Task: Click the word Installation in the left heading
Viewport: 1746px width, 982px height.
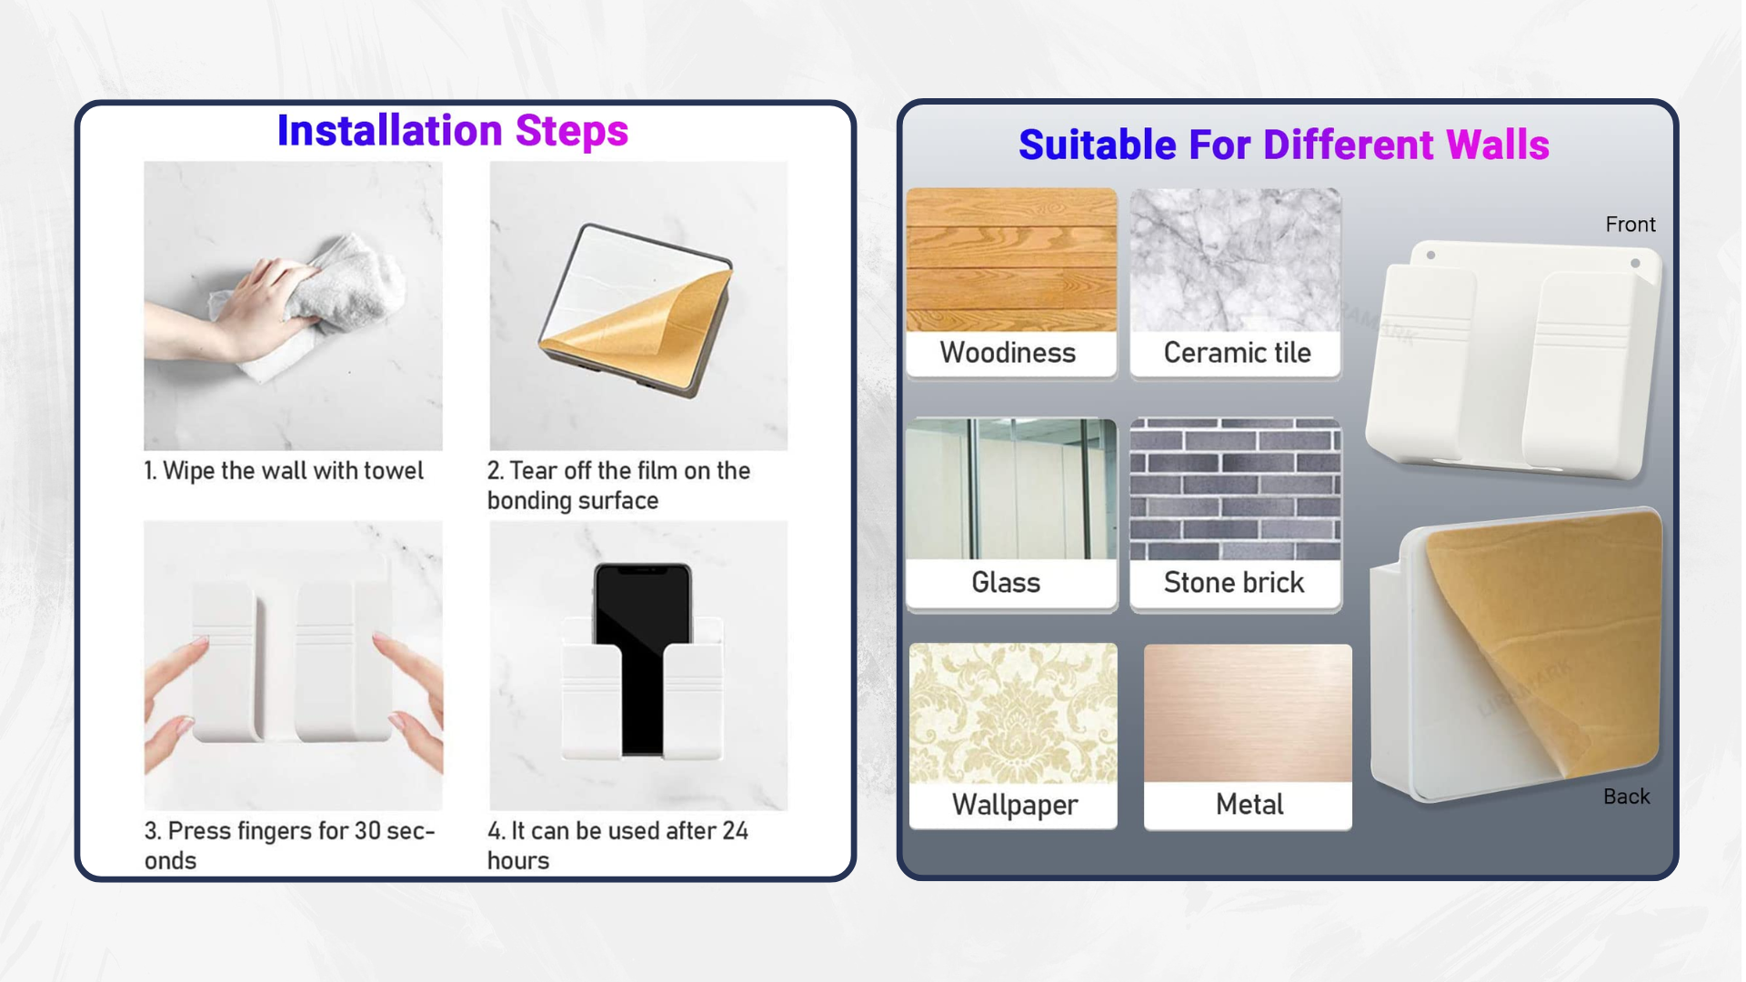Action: (x=389, y=131)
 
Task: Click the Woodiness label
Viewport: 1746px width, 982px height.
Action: (x=1008, y=353)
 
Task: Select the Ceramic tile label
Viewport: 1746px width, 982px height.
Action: (x=1237, y=353)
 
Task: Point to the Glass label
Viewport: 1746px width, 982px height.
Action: (x=1006, y=582)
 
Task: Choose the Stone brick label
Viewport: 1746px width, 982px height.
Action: (x=1234, y=582)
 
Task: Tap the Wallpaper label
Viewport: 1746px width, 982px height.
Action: (x=1015, y=805)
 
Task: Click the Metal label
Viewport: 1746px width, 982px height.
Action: (x=1249, y=804)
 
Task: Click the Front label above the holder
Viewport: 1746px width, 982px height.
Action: (x=1630, y=225)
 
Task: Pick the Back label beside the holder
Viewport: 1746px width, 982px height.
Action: (x=1626, y=797)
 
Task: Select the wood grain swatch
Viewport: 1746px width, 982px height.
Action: (x=1011, y=260)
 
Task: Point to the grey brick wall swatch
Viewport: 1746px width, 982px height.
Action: (x=1235, y=489)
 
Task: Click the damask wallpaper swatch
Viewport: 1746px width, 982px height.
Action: (x=1013, y=714)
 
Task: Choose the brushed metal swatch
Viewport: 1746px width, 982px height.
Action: (x=1248, y=714)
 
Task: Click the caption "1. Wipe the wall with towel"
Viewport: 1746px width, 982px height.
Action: (x=284, y=471)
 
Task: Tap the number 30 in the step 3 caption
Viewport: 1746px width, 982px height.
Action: (x=367, y=831)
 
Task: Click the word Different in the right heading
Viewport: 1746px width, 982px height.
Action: (x=1348, y=145)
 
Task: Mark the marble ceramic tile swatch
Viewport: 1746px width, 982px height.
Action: (x=1235, y=260)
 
